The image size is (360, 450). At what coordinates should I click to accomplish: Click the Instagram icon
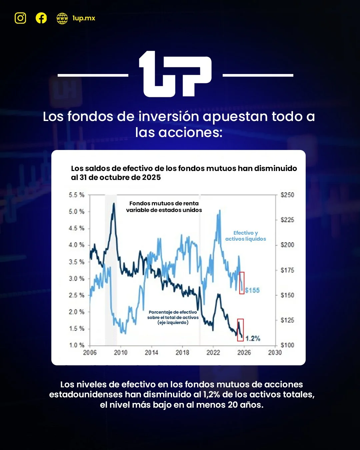click(x=20, y=18)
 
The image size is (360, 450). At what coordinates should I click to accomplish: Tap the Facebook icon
click(x=41, y=18)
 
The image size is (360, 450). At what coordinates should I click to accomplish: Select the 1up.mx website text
click(x=84, y=18)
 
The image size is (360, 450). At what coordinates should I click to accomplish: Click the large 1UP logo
click(x=175, y=74)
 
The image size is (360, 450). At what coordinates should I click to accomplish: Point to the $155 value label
click(x=252, y=290)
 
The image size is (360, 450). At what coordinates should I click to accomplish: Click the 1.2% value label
click(x=253, y=339)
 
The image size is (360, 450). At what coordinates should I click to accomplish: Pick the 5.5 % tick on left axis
click(x=77, y=195)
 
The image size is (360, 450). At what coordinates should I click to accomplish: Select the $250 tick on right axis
click(x=287, y=195)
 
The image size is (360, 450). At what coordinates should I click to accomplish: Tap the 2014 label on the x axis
click(x=151, y=353)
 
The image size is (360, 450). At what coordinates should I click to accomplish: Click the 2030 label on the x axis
click(x=275, y=353)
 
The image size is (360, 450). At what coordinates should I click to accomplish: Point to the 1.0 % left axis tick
click(x=77, y=345)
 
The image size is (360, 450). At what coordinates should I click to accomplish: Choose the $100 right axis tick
click(x=287, y=345)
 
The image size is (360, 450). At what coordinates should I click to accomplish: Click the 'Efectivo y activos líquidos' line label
click(x=246, y=236)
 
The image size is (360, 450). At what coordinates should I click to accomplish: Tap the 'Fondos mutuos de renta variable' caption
click(x=164, y=207)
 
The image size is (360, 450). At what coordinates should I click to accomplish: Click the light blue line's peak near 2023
click(x=220, y=210)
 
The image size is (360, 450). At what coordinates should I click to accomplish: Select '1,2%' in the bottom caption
click(x=211, y=395)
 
